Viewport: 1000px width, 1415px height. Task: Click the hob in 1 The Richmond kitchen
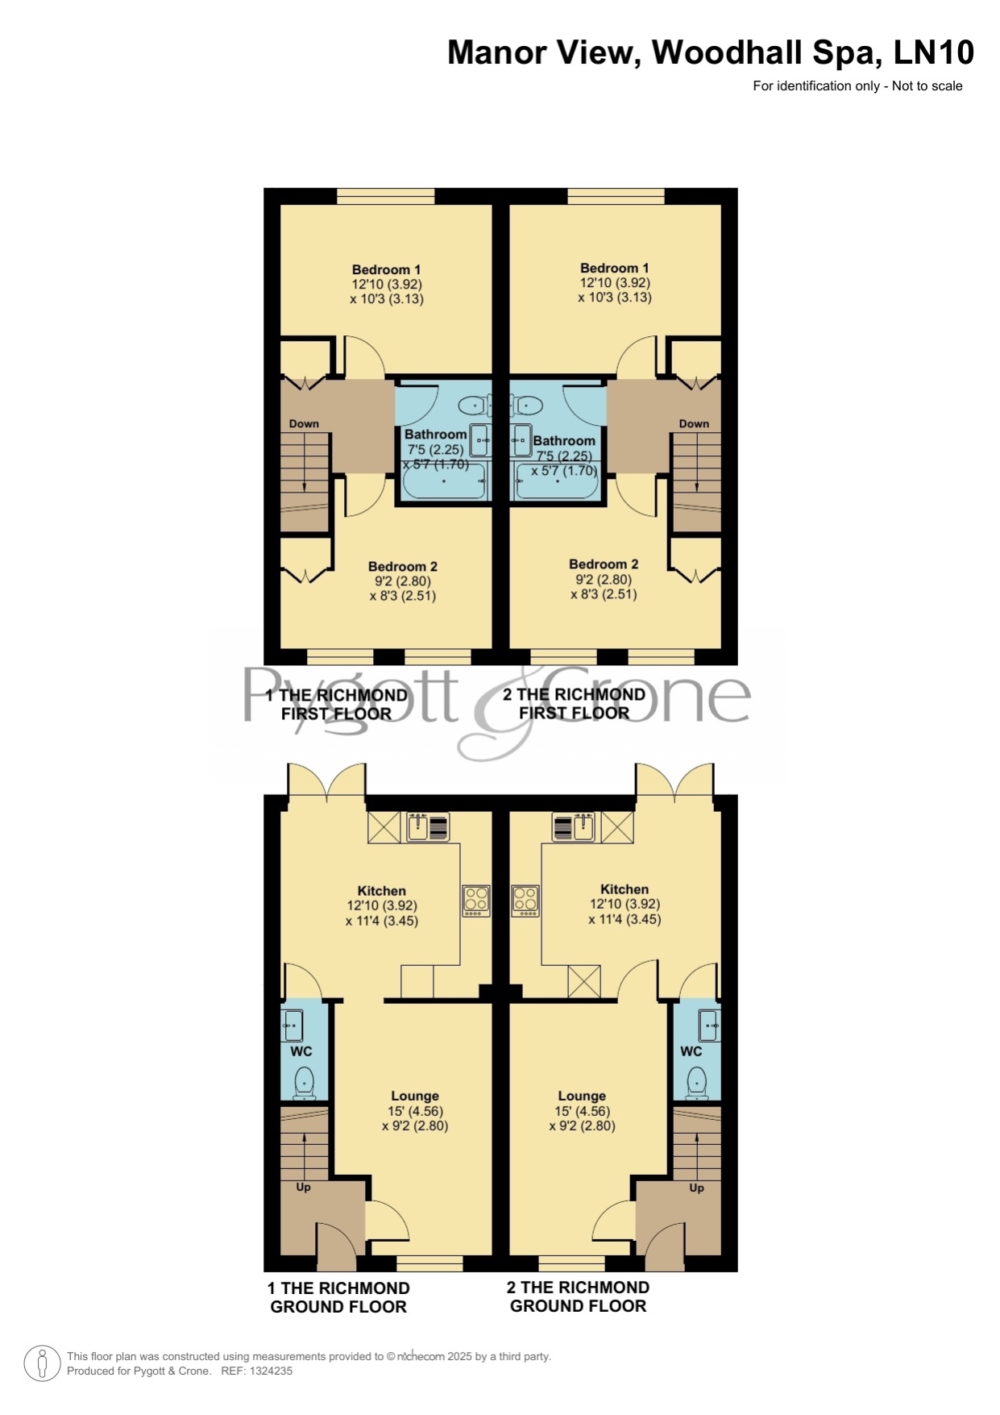coord(475,901)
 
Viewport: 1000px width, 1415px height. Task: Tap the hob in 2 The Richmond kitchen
coord(525,901)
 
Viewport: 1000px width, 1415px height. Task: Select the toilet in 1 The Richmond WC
coord(304,1083)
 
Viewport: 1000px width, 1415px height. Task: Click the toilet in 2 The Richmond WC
coord(697,1083)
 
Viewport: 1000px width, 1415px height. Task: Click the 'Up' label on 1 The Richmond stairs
coord(303,1187)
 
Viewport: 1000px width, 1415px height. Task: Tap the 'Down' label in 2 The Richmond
coord(694,423)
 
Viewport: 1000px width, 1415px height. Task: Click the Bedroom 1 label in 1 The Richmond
coord(386,269)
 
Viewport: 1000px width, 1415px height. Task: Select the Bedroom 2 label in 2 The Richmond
coord(604,564)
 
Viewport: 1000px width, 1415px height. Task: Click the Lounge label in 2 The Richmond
coord(582,1096)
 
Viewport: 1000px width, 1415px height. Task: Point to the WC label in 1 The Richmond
coord(301,1051)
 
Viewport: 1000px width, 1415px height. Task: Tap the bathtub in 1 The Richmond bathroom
coord(445,481)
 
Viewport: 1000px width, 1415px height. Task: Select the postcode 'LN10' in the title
coord(934,52)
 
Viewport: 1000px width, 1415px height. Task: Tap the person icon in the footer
coord(43,1363)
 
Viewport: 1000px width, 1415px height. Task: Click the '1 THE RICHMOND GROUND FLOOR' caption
coord(338,1297)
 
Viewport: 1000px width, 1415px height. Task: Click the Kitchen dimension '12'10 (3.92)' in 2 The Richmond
coord(624,904)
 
